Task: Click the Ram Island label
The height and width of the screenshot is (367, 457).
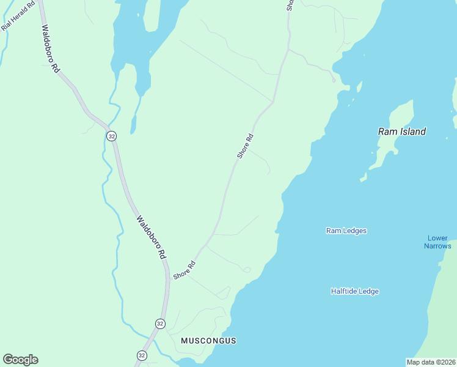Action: click(401, 132)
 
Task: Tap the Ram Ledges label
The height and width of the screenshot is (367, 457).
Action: click(346, 231)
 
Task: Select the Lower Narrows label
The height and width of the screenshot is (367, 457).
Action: click(437, 242)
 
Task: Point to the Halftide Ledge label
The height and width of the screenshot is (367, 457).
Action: click(354, 291)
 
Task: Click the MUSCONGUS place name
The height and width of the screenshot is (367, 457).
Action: click(208, 340)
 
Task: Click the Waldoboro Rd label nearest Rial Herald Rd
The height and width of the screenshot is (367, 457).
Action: click(50, 50)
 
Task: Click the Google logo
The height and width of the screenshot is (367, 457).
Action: click(20, 360)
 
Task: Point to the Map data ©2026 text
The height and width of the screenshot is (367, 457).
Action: click(431, 362)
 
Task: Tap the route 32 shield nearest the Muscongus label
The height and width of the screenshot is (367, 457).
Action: click(159, 324)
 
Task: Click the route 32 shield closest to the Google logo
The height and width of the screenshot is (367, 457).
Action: click(142, 355)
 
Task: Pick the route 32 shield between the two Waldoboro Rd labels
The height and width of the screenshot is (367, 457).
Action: click(111, 136)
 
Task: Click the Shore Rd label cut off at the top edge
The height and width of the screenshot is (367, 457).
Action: click(290, 4)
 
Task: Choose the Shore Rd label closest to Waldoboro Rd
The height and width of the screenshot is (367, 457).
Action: click(184, 270)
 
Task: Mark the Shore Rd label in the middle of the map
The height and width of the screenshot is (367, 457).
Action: click(244, 147)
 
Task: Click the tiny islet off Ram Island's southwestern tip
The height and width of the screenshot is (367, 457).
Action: click(363, 179)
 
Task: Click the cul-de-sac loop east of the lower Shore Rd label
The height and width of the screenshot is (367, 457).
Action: click(246, 269)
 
